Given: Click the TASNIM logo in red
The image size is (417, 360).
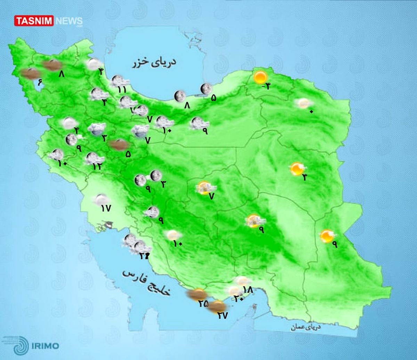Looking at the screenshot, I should pyautogui.click(x=34, y=21).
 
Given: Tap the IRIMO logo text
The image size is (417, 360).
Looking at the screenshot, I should pyautogui.click(x=45, y=346).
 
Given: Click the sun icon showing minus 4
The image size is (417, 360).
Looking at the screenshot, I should pyautogui.click(x=260, y=77).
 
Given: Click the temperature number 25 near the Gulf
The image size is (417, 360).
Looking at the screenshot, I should pyautogui.click(x=203, y=304).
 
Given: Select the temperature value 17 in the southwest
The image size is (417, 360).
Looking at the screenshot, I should pyautogui.click(x=106, y=208).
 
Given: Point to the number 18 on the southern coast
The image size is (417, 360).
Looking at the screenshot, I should pyautogui.click(x=248, y=289).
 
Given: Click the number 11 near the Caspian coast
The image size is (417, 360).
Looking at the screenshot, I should pyautogui.click(x=122, y=89).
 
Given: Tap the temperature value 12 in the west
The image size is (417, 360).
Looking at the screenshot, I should pyautogui.click(x=97, y=167).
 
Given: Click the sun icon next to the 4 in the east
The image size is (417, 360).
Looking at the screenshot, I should pyautogui.click(x=297, y=169).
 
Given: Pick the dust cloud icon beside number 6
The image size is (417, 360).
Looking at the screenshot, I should pyautogui.click(x=30, y=73).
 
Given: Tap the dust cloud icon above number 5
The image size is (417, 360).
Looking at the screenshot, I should pyautogui.click(x=118, y=145).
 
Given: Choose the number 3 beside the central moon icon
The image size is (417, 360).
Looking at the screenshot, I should pyautogui.click(x=163, y=184).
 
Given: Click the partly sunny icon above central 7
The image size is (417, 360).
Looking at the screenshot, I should pyautogui.click(x=203, y=188).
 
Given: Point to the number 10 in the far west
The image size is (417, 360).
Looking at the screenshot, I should pyautogui.click(x=63, y=163).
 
